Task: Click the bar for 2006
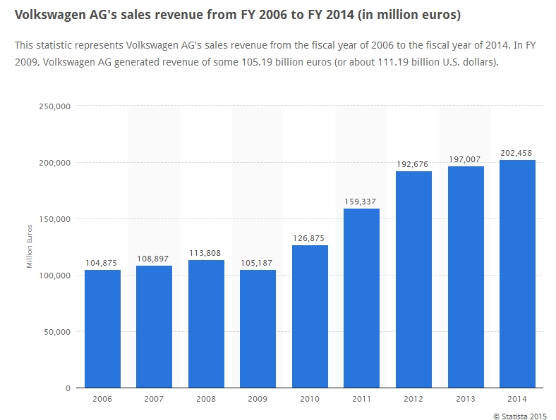point(102,328)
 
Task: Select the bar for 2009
point(258,328)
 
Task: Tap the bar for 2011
point(361,298)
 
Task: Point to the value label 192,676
point(413,164)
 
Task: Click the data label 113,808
point(206,253)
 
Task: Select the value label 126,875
point(310,238)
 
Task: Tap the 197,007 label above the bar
point(465,159)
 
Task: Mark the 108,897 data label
point(155,259)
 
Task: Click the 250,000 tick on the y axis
point(54,106)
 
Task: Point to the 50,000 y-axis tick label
point(56,332)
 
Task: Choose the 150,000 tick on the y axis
point(54,219)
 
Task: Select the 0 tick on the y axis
point(67,388)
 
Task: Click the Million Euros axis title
point(30,247)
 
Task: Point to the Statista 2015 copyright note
point(521,416)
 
